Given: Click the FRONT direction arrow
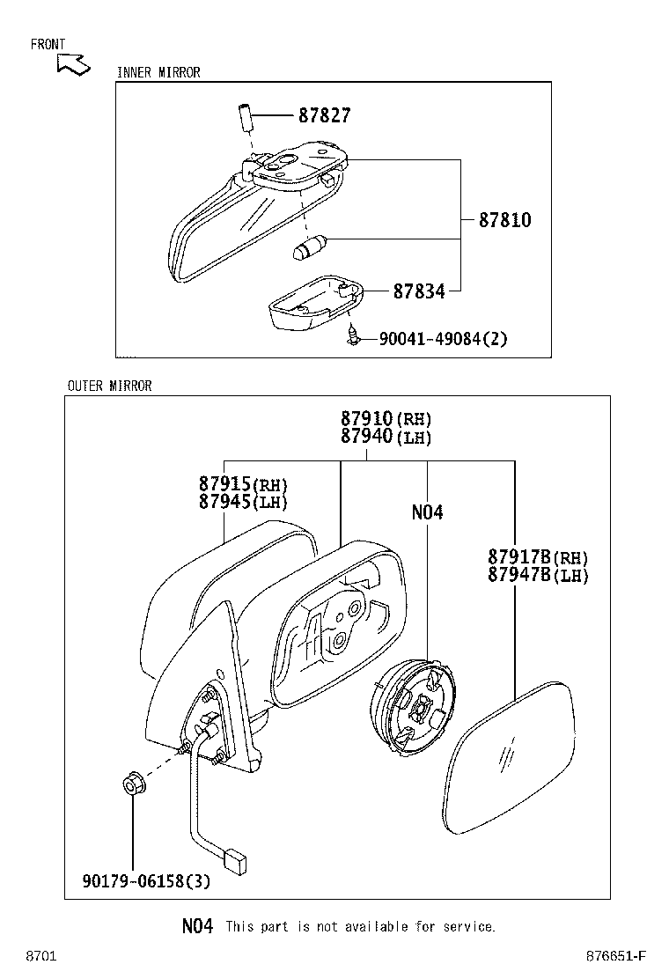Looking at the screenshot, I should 73,64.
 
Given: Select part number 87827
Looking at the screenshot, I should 324,115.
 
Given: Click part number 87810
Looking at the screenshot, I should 504,220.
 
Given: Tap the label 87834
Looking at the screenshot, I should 418,291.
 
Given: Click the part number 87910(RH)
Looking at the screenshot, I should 386,419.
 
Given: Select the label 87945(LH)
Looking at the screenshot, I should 243,503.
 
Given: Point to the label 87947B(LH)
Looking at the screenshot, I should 537,576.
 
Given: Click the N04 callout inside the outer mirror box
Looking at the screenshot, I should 427,512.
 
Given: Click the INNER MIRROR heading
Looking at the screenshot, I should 158,73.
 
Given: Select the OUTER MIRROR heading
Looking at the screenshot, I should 109,386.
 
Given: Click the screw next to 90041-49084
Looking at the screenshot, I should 354,335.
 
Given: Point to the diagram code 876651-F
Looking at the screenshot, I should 617,956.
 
